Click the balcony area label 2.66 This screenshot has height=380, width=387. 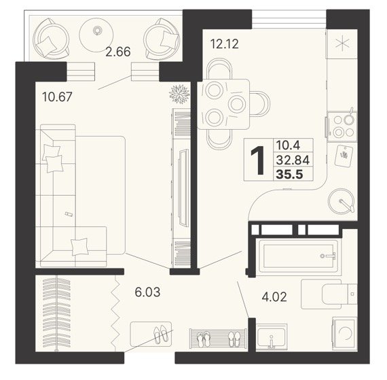117,52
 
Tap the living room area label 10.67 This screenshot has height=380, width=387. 57,97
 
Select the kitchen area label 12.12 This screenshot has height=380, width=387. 225,44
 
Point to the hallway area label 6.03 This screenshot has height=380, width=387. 147,292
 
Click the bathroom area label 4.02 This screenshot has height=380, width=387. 274,297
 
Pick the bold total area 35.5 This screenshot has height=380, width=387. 289,175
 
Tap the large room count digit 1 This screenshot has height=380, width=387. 257,160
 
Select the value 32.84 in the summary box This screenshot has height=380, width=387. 293,160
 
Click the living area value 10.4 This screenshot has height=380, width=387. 288,145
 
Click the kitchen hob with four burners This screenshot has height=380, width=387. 342,126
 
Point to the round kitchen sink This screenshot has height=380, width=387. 342,201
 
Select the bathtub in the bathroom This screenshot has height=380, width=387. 299,256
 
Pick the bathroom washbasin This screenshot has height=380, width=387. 272,336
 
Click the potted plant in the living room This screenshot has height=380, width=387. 179,94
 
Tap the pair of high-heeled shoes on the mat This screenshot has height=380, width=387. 160,334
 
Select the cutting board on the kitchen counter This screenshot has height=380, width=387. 344,156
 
